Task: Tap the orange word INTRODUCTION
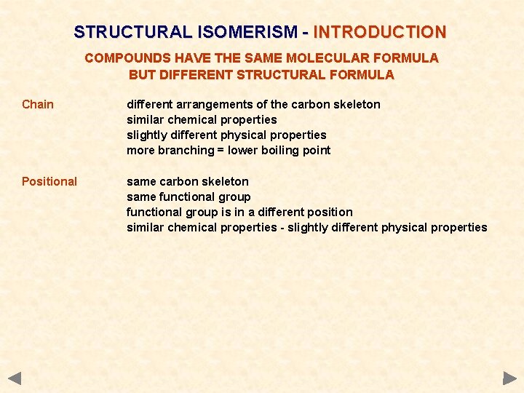[x=380, y=32]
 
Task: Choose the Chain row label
[x=38, y=104]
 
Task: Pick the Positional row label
[x=49, y=181]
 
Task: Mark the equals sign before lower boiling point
[x=221, y=151]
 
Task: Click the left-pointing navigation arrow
[x=15, y=378]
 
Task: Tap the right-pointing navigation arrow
[x=509, y=378]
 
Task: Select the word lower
[x=243, y=151]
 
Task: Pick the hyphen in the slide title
[x=306, y=32]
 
